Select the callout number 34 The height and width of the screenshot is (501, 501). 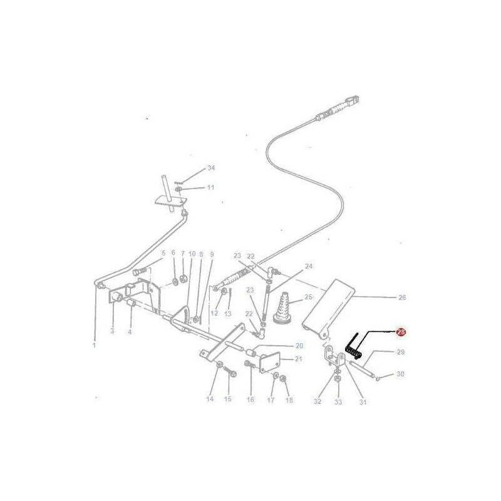pyautogui.click(x=211, y=168)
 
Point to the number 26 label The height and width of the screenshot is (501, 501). pyautogui.click(x=401, y=297)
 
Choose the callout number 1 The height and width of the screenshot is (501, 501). pyautogui.click(x=95, y=345)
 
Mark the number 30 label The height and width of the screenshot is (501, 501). pyautogui.click(x=401, y=374)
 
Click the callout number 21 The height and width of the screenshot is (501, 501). pyautogui.click(x=299, y=359)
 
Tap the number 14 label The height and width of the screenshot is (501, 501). pyautogui.click(x=209, y=399)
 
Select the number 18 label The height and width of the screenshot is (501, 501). pyautogui.click(x=289, y=400)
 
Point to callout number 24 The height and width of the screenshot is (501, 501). pyautogui.click(x=308, y=266)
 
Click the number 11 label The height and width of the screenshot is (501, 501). pyautogui.click(x=211, y=187)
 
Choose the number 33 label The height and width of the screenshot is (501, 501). pyautogui.click(x=338, y=401)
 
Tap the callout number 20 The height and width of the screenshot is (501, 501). pyautogui.click(x=299, y=346)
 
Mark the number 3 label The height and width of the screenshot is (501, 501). pyautogui.click(x=113, y=330)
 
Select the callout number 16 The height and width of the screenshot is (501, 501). pyautogui.click(x=250, y=399)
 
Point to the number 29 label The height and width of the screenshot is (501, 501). pyautogui.click(x=401, y=353)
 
